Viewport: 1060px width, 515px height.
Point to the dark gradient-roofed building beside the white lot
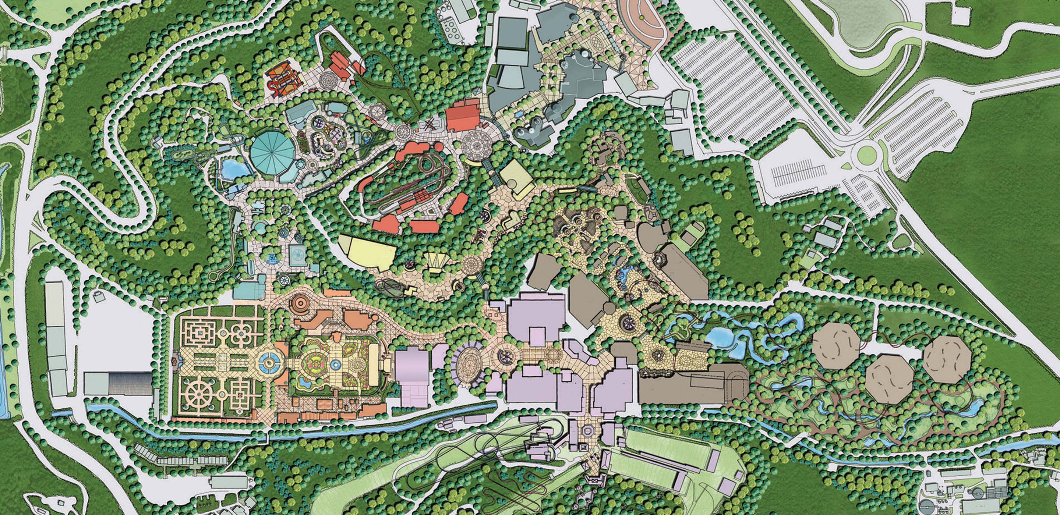130,383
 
